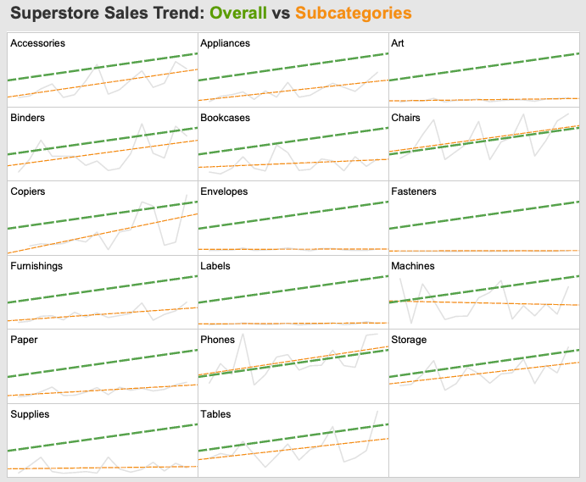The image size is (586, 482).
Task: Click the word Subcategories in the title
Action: pos(353,14)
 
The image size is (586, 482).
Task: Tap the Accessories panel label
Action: pos(37,43)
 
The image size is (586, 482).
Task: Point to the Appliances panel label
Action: pos(226,43)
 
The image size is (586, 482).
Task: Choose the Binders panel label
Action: pos(28,118)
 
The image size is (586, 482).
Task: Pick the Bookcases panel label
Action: pos(225,118)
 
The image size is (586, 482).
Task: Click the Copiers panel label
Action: pos(29,191)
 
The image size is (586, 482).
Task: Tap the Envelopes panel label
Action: pos(224,191)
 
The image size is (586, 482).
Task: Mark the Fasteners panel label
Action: pos(414,191)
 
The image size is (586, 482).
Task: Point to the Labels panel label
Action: pos(215,266)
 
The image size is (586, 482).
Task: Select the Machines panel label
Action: pos(413,266)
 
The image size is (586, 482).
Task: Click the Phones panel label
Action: pos(218,340)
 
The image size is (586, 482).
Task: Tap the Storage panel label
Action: pos(409,340)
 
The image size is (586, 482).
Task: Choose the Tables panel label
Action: pos(215,414)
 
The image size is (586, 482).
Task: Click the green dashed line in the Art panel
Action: pos(483,67)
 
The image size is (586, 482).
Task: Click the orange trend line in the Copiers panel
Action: pos(102,234)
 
